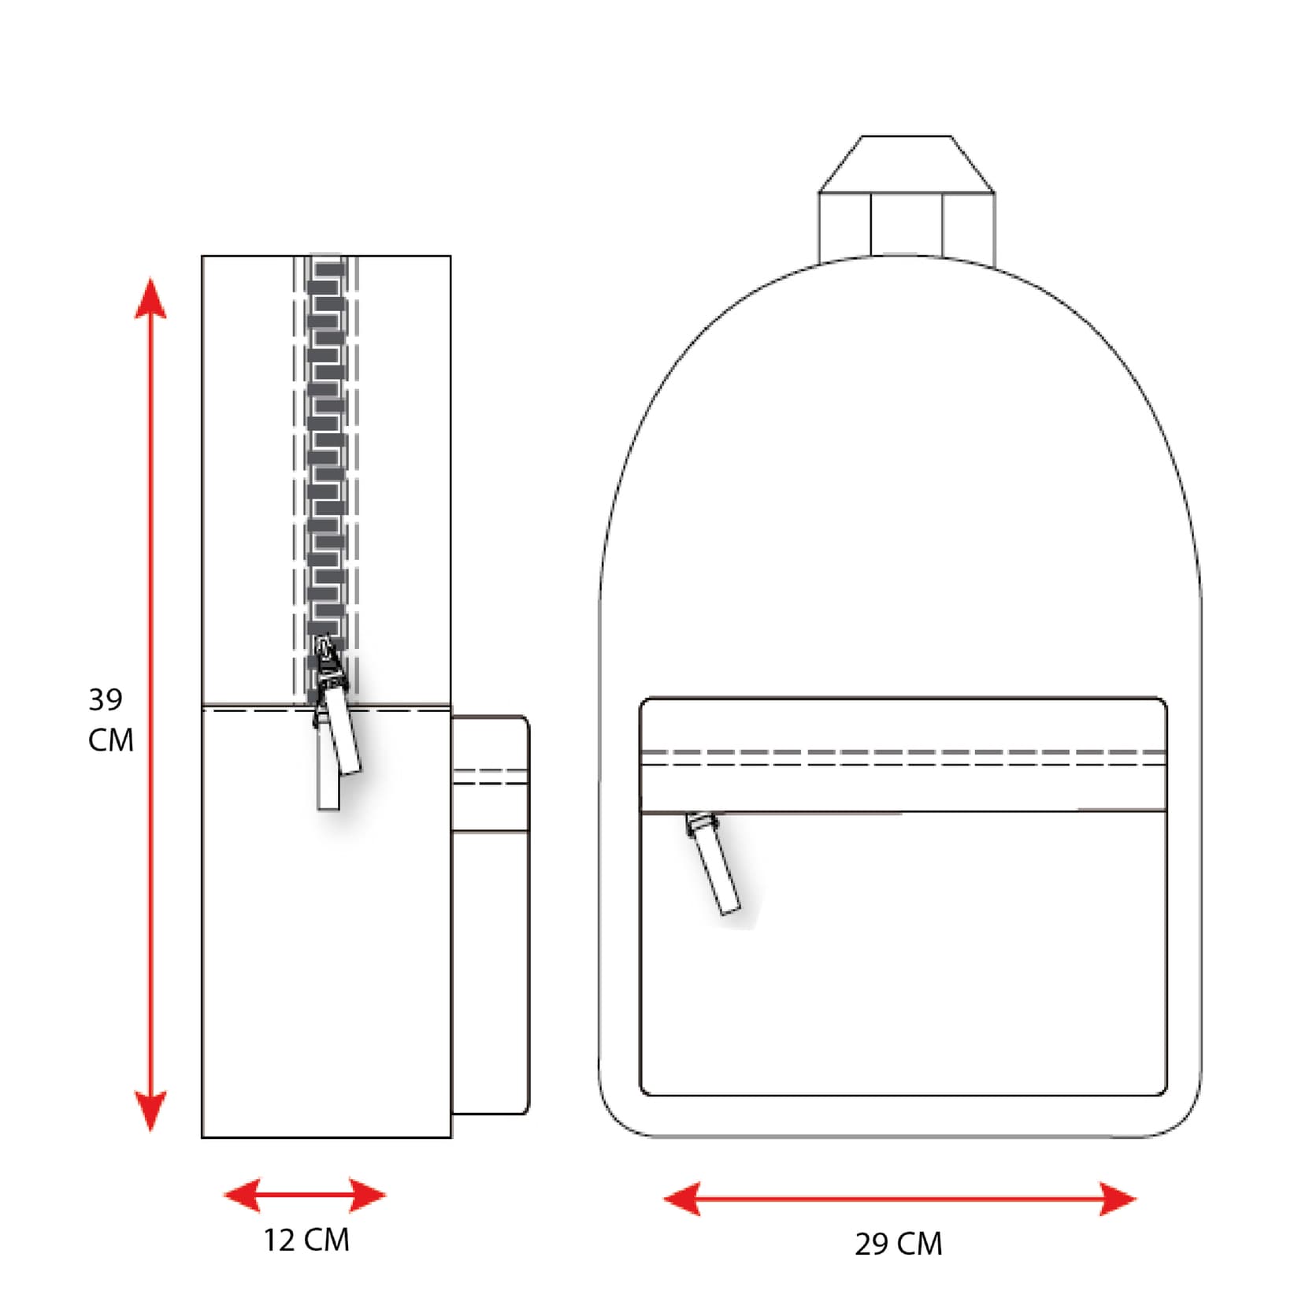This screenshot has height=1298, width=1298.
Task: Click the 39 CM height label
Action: click(x=109, y=719)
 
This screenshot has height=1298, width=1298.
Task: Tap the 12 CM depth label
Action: click(x=306, y=1240)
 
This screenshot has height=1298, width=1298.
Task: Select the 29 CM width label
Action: click(x=899, y=1244)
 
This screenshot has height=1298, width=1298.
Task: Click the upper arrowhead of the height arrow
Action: click(x=150, y=299)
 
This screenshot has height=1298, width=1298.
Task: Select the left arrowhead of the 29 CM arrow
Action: click(x=682, y=1199)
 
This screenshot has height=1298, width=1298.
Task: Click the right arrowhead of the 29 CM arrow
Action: click(x=1118, y=1199)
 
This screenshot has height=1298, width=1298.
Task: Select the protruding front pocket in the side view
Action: click(x=489, y=945)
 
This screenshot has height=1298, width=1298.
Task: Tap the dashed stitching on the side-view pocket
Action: click(x=489, y=777)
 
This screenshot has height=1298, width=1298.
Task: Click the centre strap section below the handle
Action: click(x=907, y=224)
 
